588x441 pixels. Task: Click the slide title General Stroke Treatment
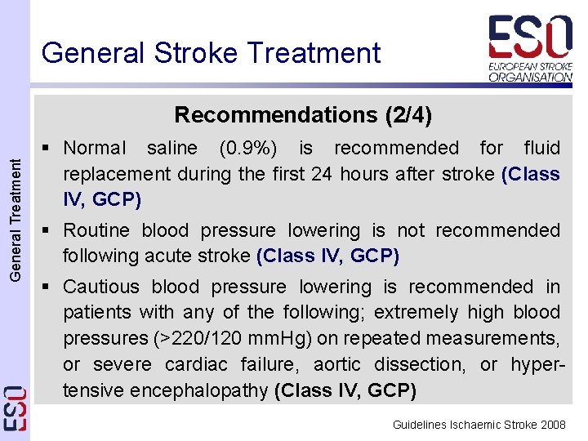[x=211, y=53]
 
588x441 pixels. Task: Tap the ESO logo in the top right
[x=530, y=37]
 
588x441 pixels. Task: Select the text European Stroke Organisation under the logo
[x=530, y=70]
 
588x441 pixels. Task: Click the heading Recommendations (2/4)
[x=303, y=114]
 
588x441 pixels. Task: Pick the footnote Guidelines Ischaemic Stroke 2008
[x=479, y=425]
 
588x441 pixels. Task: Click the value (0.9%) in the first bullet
[x=247, y=148]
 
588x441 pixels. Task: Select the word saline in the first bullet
[x=171, y=148]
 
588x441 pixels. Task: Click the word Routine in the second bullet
[x=100, y=231]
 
